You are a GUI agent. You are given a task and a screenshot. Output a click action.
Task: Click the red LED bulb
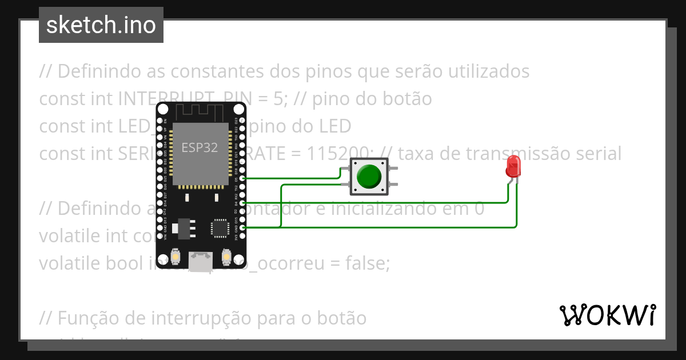513,166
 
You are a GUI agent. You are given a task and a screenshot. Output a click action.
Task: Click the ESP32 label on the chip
200,147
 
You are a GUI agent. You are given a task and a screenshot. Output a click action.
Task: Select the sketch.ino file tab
101,25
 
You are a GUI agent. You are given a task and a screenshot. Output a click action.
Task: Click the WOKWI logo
607,315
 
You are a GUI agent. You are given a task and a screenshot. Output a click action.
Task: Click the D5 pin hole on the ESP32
243,178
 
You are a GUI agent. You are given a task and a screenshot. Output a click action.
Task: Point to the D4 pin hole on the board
243,203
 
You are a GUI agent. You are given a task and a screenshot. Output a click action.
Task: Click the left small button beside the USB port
176,257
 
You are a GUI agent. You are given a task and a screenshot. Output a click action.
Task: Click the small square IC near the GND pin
220,227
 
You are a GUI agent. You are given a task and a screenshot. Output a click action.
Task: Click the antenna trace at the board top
200,111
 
